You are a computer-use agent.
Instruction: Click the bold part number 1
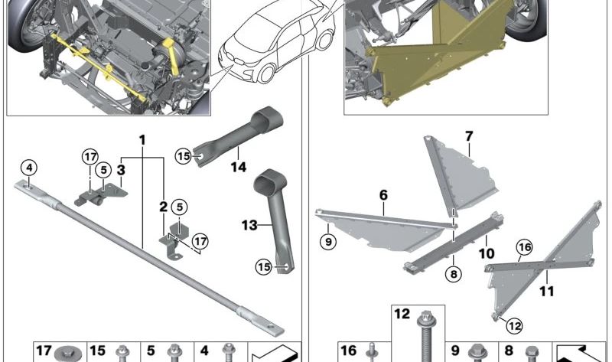(x=142, y=140)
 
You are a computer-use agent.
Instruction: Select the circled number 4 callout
(x=28, y=168)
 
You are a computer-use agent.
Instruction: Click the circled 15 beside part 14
(x=183, y=156)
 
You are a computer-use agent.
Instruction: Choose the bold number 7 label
(x=468, y=136)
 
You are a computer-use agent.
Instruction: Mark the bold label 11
(x=546, y=292)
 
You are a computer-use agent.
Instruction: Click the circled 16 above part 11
(x=524, y=246)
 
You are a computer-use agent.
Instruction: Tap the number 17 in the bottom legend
(x=44, y=351)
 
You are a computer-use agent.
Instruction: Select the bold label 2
(x=163, y=207)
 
